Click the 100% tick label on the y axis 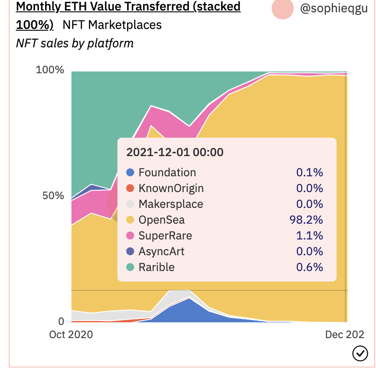[50, 70]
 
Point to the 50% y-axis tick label [53, 196]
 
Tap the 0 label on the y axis [61, 321]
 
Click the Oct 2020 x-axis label [71, 335]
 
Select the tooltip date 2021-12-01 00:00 [175, 152]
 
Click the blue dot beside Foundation [130, 173]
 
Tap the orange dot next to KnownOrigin [130, 189]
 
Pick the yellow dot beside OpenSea [130, 220]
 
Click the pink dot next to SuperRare [130, 236]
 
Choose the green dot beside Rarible [130, 268]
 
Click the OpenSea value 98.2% [306, 220]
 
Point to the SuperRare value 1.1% [310, 236]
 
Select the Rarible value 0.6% [310, 268]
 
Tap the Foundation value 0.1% [310, 173]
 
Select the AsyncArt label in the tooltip [161, 252]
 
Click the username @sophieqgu [333, 9]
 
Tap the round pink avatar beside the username [283, 9]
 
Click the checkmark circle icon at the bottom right [360, 353]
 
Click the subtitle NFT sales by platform [74, 43]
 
